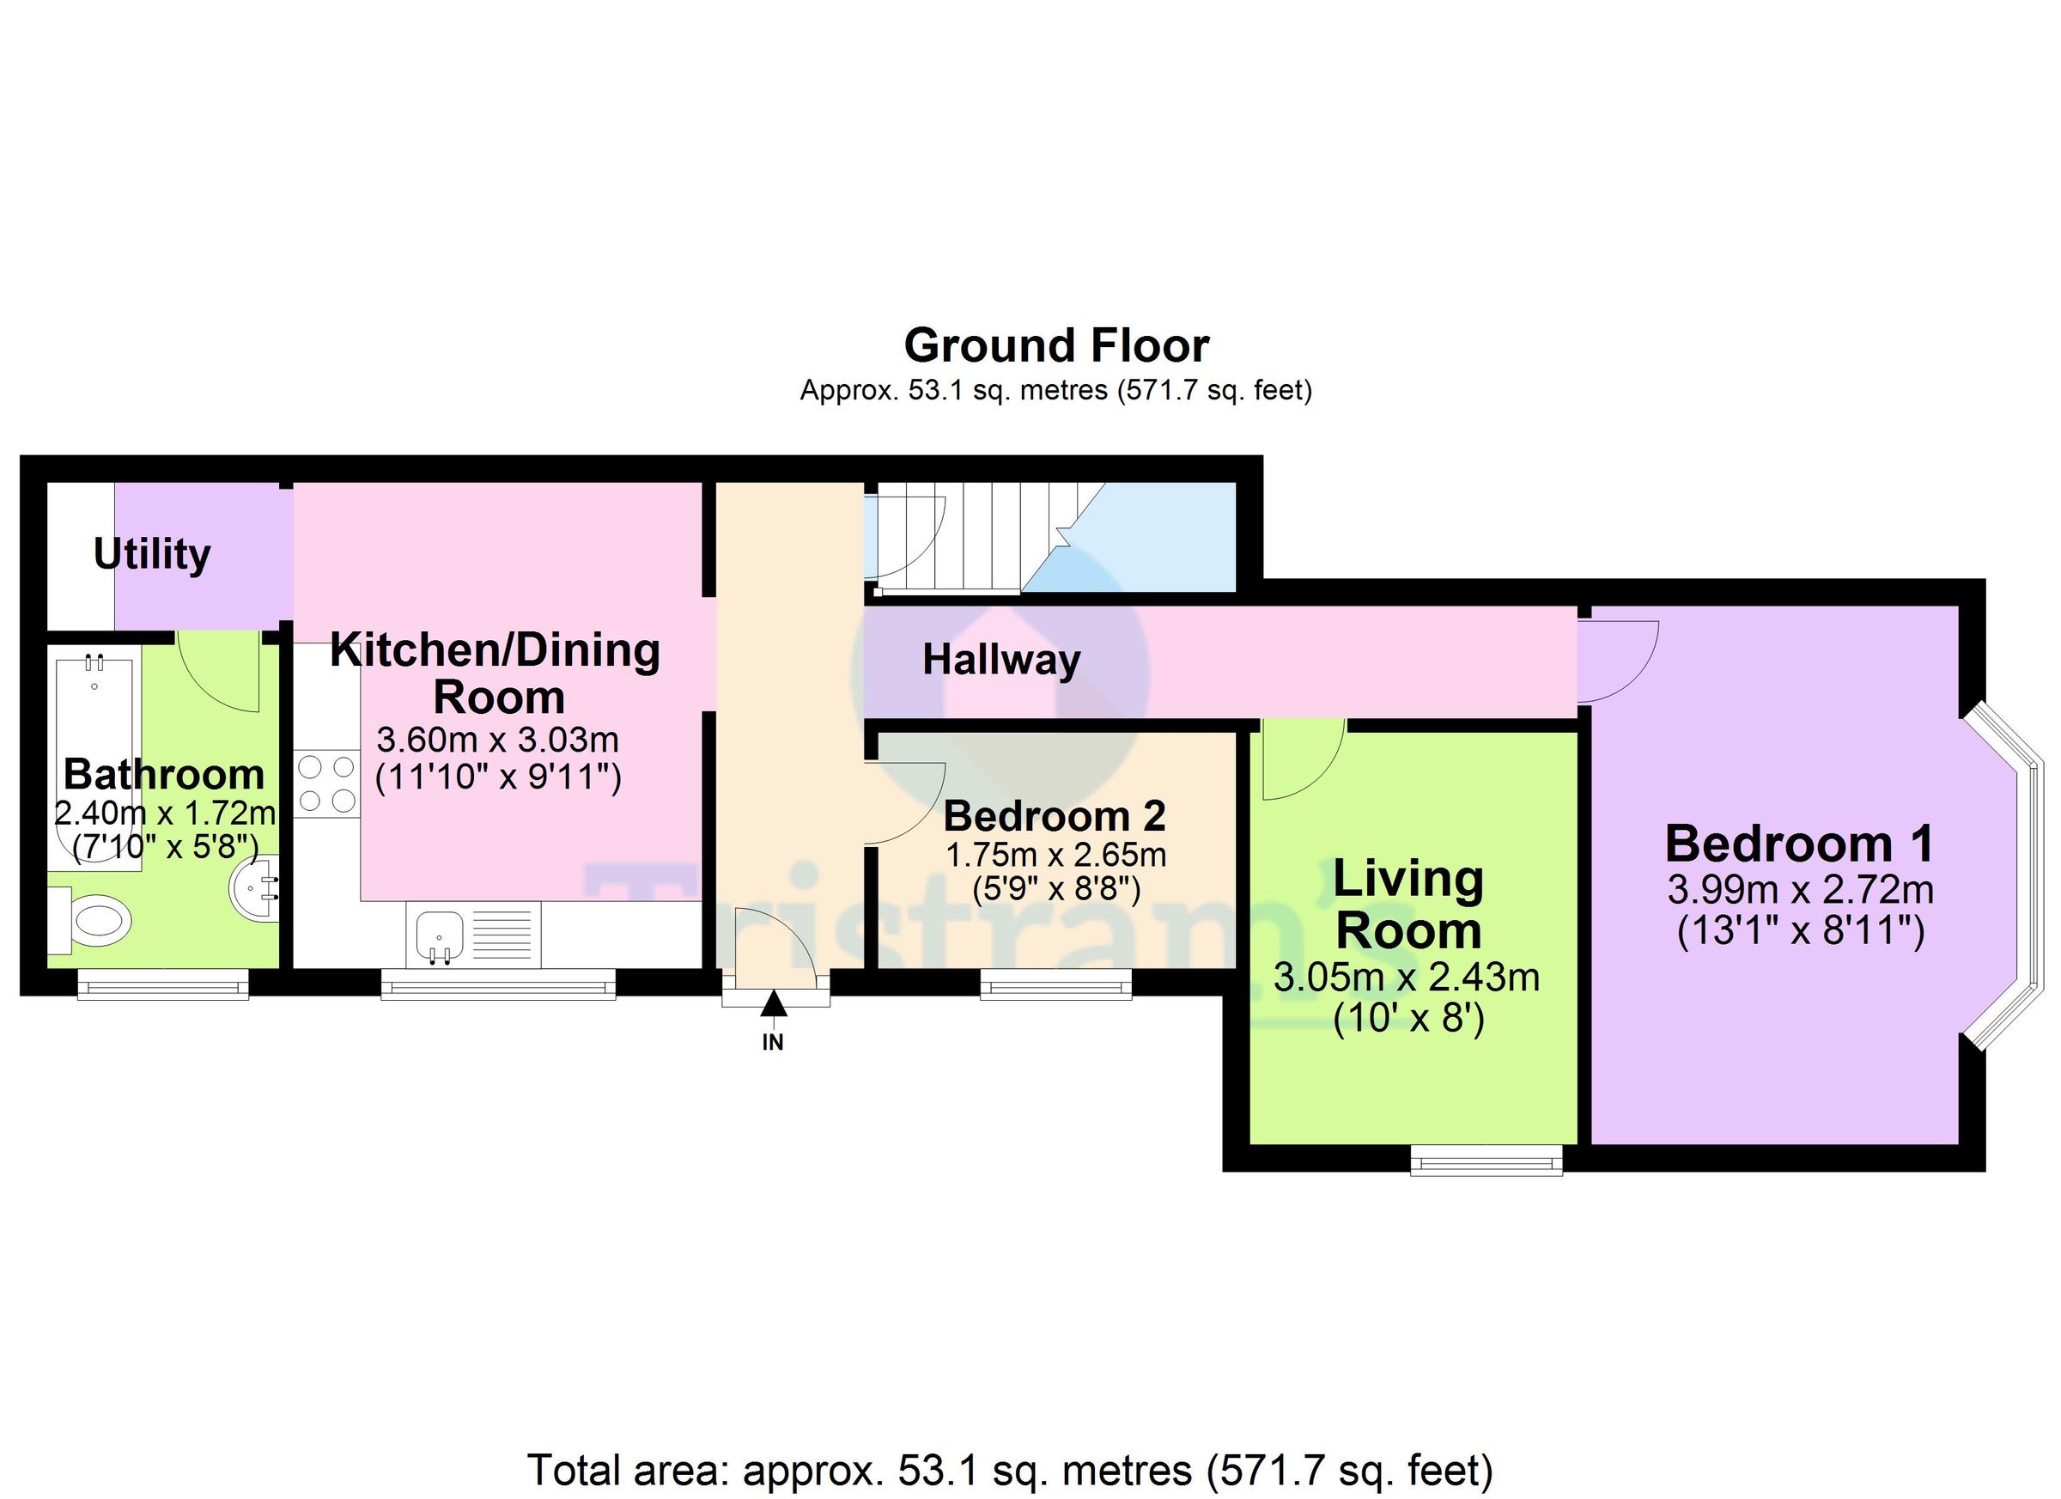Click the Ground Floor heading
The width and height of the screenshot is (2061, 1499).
(x=1056, y=345)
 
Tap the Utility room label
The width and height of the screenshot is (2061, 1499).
(x=152, y=553)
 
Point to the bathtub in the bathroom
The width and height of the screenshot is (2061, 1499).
(x=94, y=764)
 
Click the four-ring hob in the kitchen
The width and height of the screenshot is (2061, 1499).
(x=326, y=783)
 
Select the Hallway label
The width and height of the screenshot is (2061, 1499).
(x=1000, y=660)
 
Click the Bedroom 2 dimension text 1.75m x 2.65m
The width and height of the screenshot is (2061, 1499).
(x=1056, y=856)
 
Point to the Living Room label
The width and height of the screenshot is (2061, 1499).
(x=1407, y=905)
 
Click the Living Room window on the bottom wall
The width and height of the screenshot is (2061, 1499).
(x=1486, y=1161)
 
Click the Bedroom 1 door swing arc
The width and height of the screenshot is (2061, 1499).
(x=1622, y=661)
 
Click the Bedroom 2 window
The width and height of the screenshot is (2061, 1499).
(x=1056, y=984)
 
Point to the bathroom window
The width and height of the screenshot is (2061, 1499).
(x=162, y=984)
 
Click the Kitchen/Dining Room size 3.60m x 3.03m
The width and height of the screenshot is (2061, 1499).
(x=497, y=740)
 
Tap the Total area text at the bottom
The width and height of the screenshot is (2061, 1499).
(x=1011, y=1470)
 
